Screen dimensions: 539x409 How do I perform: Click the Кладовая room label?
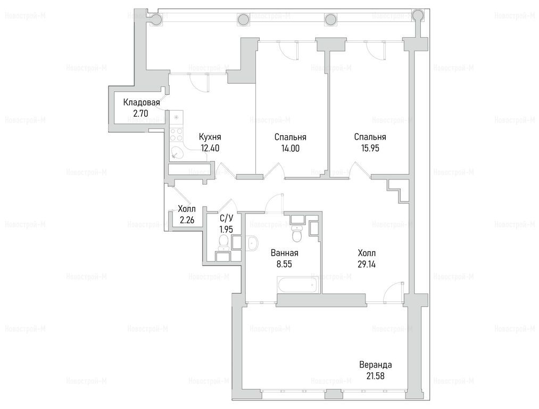tap(142, 102)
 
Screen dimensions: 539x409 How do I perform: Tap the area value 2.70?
tap(141, 113)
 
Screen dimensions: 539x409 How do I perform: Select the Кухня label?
tap(210, 137)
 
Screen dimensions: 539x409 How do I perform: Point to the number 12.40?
tap(210, 148)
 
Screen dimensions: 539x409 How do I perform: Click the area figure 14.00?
tap(290, 148)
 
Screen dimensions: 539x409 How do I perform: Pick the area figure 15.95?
tap(370, 148)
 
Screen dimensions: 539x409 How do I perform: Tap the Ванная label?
tap(284, 253)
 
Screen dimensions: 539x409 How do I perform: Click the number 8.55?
tap(284, 264)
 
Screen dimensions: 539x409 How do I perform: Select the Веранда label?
tap(375, 365)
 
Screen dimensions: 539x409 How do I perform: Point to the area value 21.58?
tap(375, 376)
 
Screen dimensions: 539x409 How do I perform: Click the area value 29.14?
tap(367, 264)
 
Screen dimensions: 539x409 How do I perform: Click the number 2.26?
tap(186, 219)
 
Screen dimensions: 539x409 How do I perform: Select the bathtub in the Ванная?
tap(298, 285)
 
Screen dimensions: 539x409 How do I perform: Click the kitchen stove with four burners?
tap(176, 135)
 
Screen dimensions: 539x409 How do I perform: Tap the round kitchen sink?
tap(177, 152)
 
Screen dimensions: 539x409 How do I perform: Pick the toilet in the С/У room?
tap(224, 242)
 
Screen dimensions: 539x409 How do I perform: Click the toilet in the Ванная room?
tap(296, 233)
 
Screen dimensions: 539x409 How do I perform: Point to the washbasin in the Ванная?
tap(252, 243)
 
